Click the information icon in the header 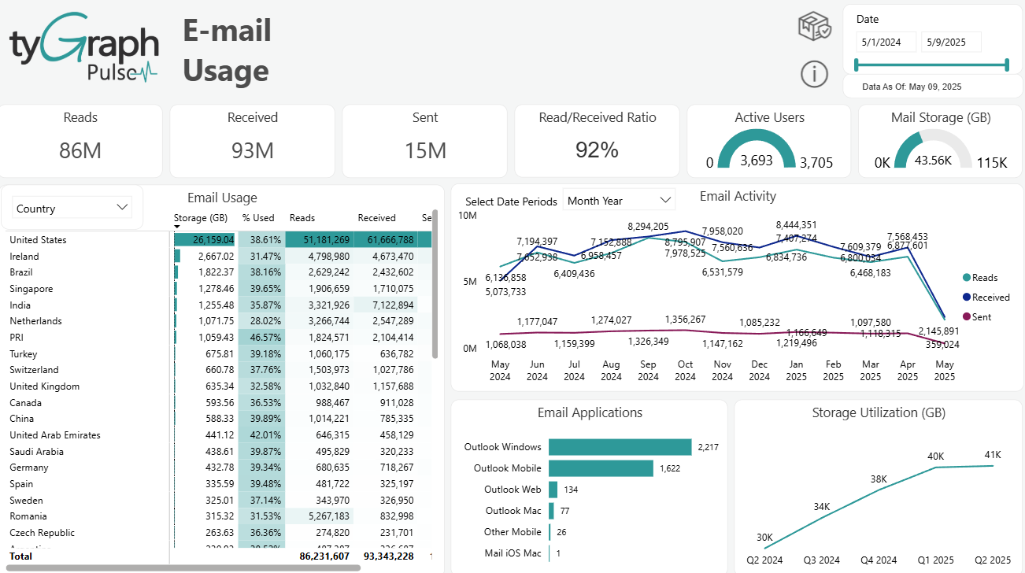click(814, 74)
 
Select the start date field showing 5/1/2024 click(886, 42)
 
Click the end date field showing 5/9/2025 click(950, 42)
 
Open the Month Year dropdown click(620, 201)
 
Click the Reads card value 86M click(80, 150)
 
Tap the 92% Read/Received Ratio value click(597, 150)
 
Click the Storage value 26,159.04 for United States click(204, 240)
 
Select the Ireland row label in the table click(24, 257)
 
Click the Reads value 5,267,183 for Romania click(319, 516)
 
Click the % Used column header click(257, 218)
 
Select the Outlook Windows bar click(620, 447)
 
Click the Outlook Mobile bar click(601, 468)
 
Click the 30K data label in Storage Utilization click(764, 537)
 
